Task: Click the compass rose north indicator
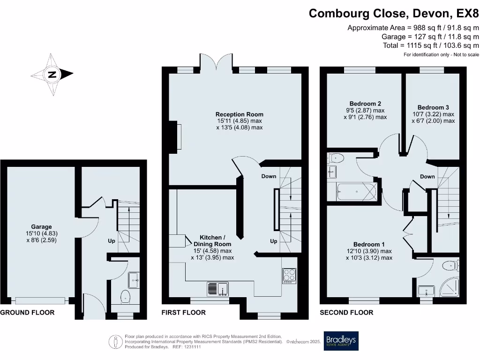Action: [x=52, y=75]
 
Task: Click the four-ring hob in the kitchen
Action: [x=289, y=276]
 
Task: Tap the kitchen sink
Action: [x=217, y=289]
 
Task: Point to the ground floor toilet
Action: [x=125, y=297]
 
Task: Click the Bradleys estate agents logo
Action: [x=341, y=341]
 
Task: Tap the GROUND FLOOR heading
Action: [x=27, y=313]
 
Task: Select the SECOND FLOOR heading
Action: [x=346, y=313]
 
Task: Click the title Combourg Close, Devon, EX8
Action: [x=393, y=14]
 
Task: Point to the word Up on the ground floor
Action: [x=112, y=241]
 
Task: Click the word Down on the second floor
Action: [x=427, y=177]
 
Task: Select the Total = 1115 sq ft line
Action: [x=431, y=45]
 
